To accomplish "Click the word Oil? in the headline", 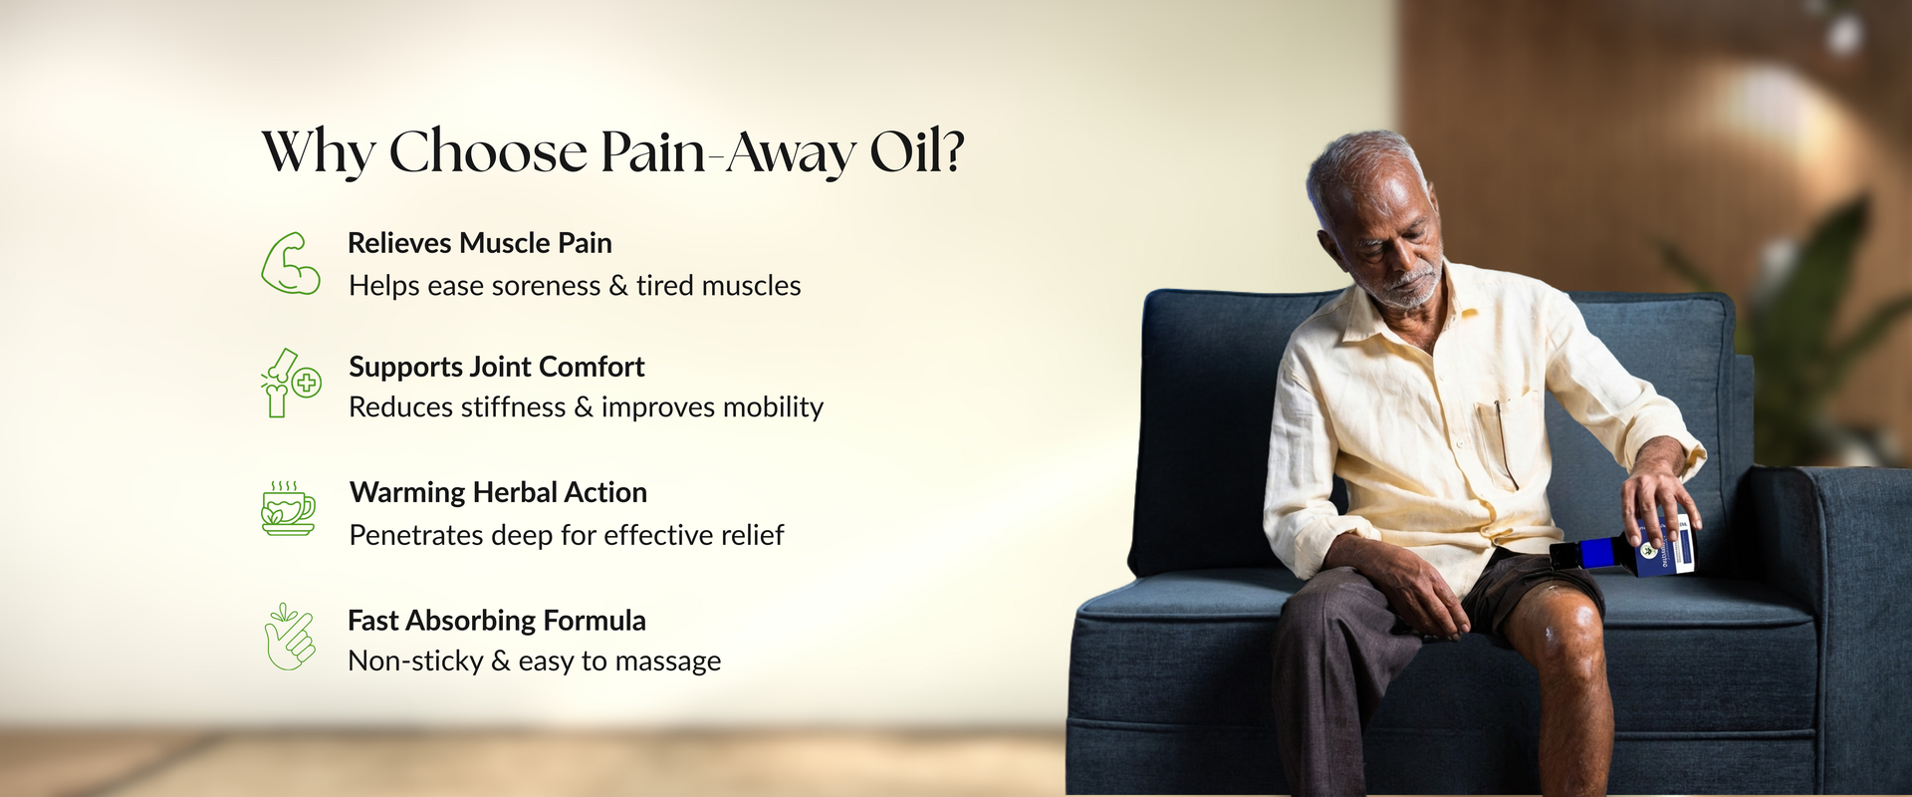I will click(x=916, y=151).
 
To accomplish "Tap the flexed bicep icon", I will click(x=290, y=264).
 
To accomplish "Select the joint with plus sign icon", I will click(x=290, y=384).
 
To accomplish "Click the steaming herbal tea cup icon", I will click(x=288, y=508).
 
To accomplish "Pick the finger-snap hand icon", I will click(x=290, y=638).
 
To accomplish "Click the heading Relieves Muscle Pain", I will click(x=479, y=243).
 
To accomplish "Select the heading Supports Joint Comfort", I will click(x=496, y=367).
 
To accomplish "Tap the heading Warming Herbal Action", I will click(x=498, y=492).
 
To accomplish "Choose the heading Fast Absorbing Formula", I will click(x=496, y=621).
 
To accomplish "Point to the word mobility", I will click(x=773, y=407).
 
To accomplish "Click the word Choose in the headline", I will click(x=488, y=151).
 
